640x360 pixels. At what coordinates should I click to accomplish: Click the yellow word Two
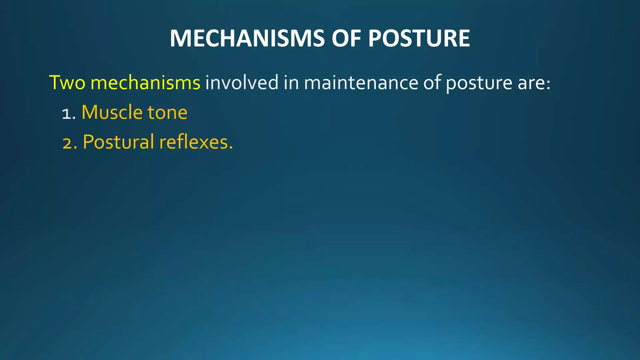67,83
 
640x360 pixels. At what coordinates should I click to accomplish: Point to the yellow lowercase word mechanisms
145,83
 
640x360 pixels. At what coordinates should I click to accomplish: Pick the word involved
242,83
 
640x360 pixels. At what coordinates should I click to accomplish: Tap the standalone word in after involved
291,83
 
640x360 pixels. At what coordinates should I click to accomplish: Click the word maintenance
361,83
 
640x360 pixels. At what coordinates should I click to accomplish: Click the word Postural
118,142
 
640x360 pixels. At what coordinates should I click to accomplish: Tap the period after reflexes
231,148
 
